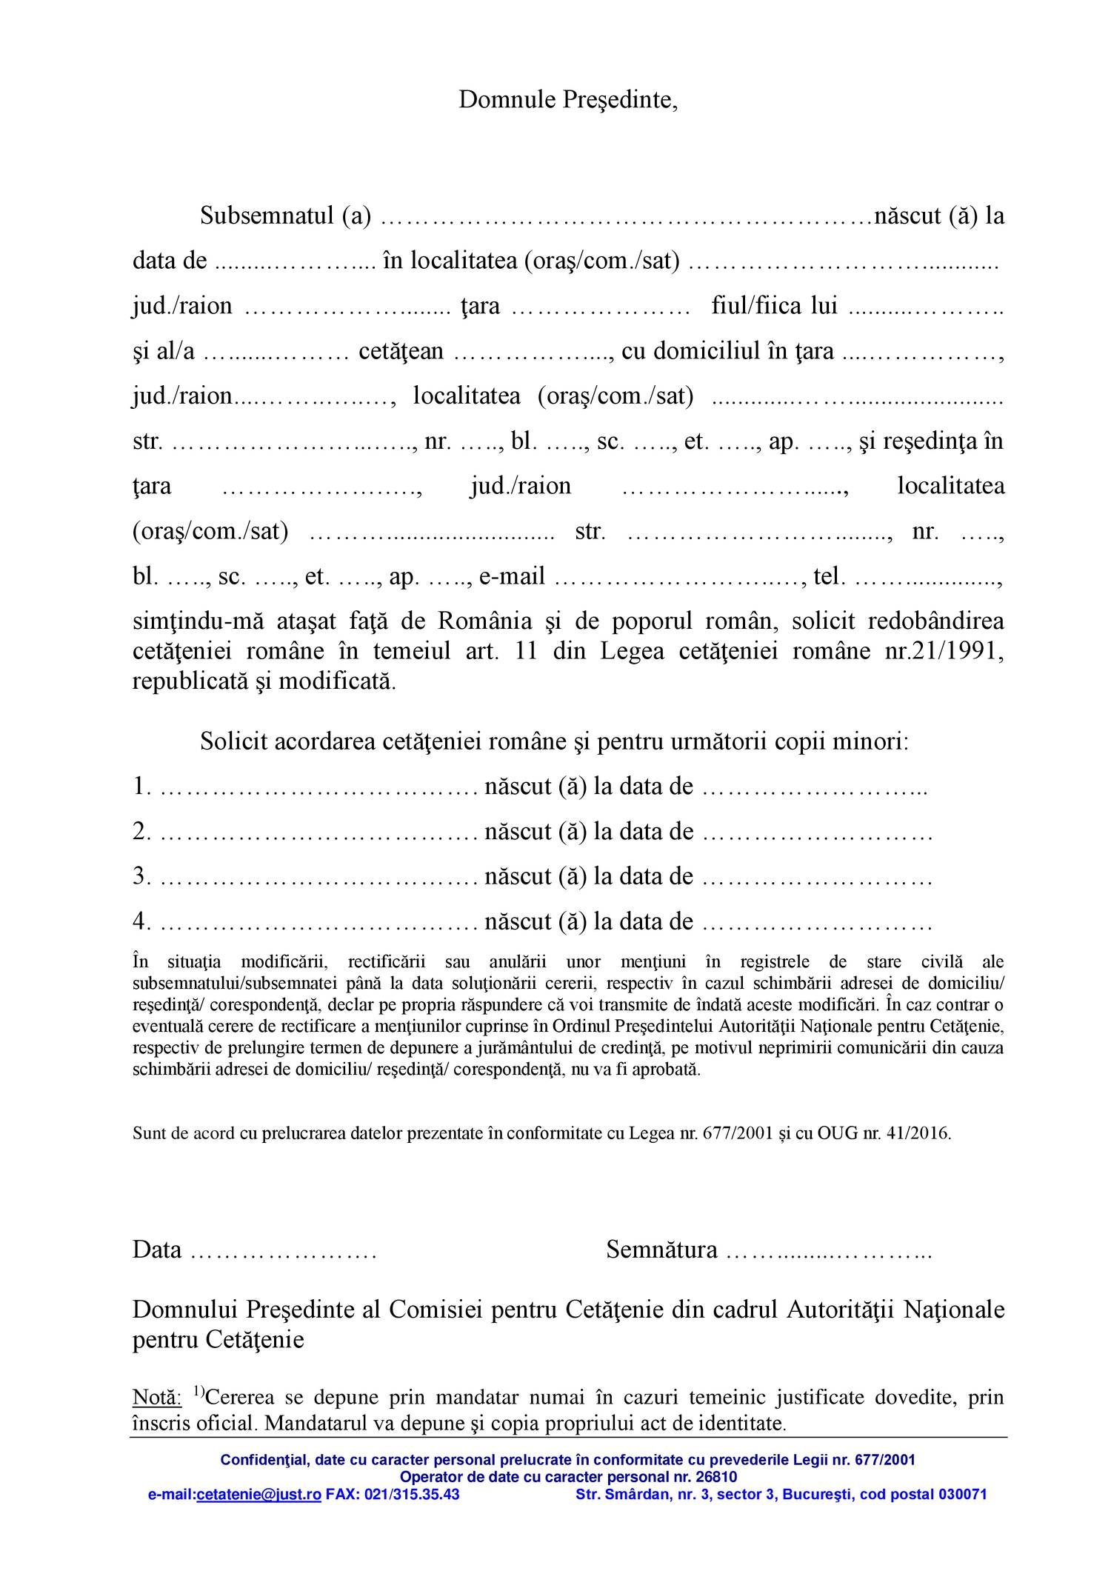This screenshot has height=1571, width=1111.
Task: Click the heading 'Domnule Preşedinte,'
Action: point(568,99)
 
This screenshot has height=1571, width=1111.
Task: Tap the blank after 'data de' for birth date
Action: point(296,261)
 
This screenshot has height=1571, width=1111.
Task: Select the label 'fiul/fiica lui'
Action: point(774,306)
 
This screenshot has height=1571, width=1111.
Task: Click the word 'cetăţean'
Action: point(401,351)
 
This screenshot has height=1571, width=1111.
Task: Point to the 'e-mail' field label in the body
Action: point(512,576)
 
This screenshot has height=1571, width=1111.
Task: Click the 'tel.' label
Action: point(829,576)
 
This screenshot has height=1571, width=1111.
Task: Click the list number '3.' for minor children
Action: point(141,877)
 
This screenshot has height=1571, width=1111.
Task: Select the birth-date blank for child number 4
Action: point(816,922)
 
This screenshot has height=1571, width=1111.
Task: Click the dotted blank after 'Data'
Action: point(284,1250)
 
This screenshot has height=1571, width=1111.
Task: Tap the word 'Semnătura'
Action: point(661,1250)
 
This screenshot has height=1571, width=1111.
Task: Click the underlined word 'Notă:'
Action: point(156,1398)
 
